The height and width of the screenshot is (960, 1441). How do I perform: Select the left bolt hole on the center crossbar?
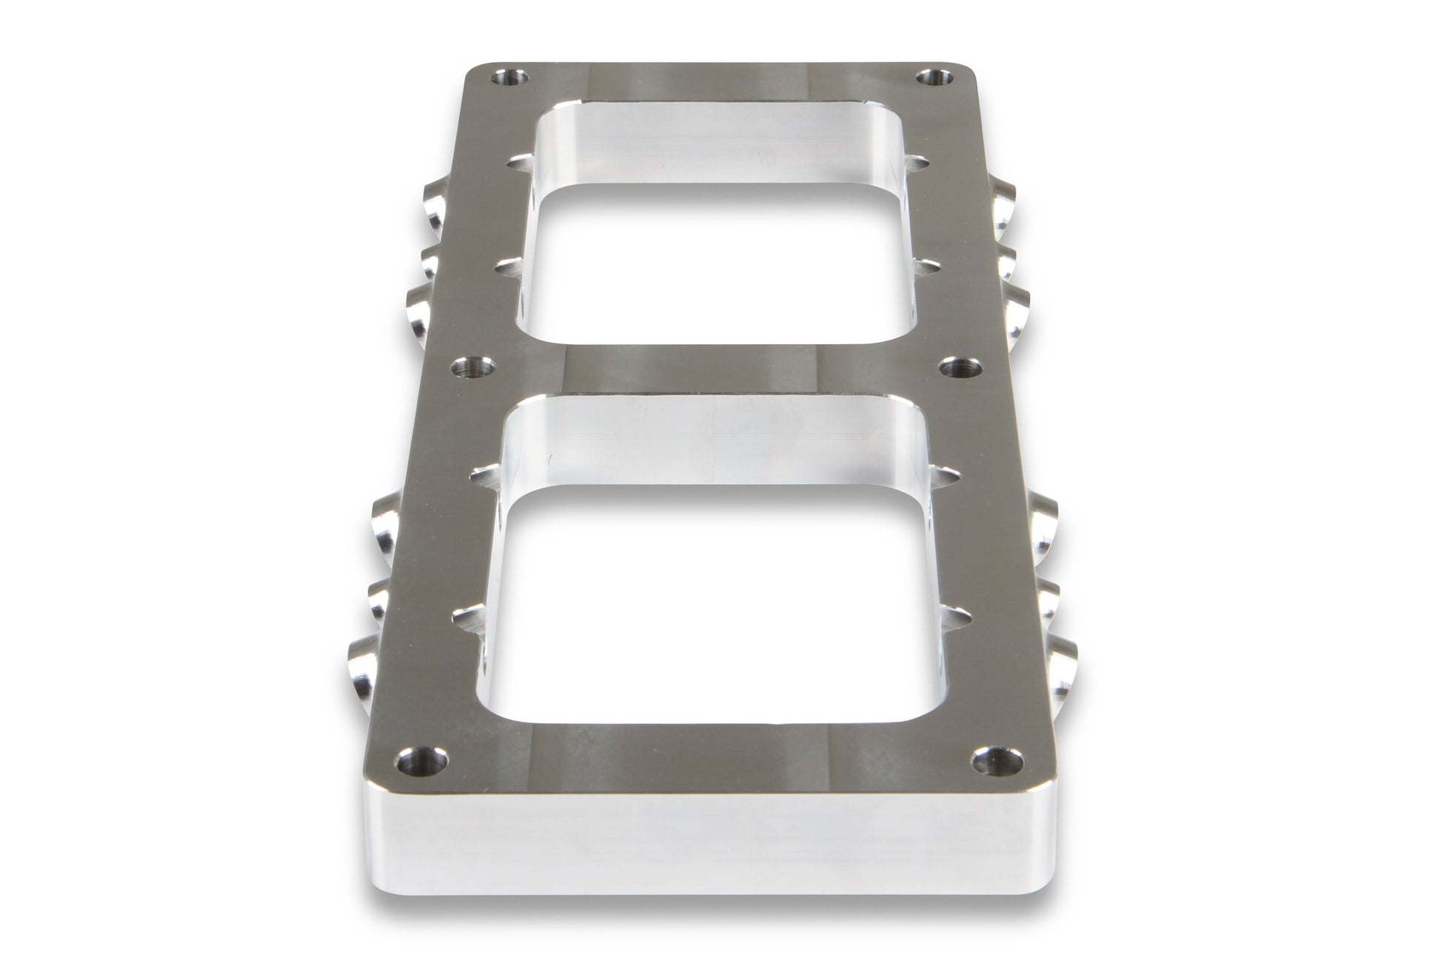coord(472,366)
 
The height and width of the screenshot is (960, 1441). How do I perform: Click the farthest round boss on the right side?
coord(1003,202)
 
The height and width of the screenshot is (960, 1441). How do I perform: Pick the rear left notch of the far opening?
coord(518,159)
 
